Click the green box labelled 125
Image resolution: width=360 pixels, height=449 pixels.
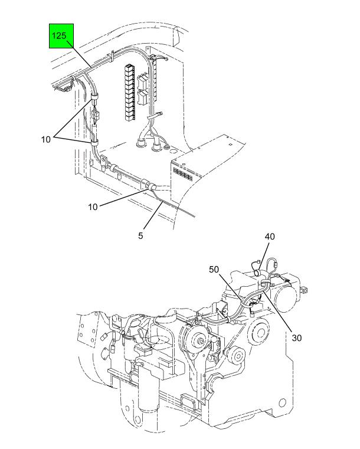coord(61,36)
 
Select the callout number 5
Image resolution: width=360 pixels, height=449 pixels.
coord(140,235)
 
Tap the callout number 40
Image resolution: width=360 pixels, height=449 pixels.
coord(270,237)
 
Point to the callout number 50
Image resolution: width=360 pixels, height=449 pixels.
coord(214,270)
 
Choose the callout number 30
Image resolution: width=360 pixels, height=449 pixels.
coord(297,338)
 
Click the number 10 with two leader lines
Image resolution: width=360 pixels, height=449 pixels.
coord(46,139)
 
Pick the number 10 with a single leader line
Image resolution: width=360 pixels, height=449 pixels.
coord(93,207)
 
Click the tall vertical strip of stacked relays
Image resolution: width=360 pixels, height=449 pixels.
coord(130,92)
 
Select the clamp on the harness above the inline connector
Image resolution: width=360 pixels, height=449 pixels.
coord(94,97)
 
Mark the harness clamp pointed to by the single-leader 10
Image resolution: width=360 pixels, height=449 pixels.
coord(152,186)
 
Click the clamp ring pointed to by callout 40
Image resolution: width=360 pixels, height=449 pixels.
coord(257,273)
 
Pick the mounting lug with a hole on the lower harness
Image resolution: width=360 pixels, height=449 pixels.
coord(103,159)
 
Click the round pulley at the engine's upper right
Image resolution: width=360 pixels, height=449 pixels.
coord(260,332)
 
